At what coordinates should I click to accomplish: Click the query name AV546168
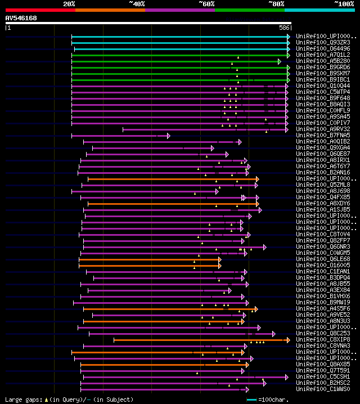(x=21, y=18)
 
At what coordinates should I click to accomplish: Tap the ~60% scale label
(x=206, y=4)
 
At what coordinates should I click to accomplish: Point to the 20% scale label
(x=69, y=4)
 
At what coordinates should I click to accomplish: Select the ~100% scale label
(x=344, y=4)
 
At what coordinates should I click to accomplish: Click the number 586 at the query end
(x=284, y=28)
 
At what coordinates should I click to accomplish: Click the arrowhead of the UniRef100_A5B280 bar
(x=279, y=61)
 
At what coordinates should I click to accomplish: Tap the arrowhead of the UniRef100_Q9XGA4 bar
(x=212, y=148)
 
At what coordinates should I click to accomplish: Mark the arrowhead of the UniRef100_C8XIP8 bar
(x=288, y=340)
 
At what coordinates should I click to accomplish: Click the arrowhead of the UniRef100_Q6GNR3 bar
(x=264, y=247)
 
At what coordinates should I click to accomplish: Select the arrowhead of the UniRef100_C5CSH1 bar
(x=271, y=377)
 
